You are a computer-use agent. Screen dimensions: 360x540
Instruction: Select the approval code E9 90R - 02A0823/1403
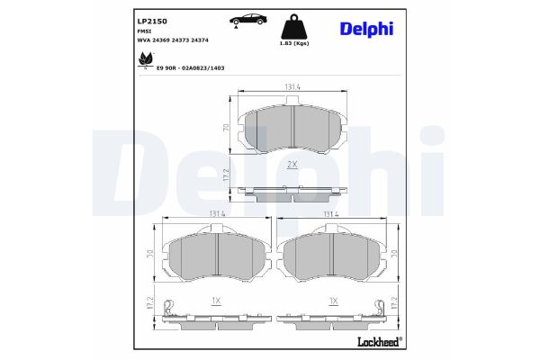[x=190, y=67]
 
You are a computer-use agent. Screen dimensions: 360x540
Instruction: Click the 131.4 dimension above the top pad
[x=292, y=87]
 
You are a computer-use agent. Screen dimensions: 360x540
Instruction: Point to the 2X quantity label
[x=292, y=166]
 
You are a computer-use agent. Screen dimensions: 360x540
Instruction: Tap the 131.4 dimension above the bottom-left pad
[x=216, y=213]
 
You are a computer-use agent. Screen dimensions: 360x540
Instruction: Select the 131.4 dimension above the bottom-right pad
[x=330, y=213]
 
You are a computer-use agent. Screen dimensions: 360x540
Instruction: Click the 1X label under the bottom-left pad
[x=216, y=300]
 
